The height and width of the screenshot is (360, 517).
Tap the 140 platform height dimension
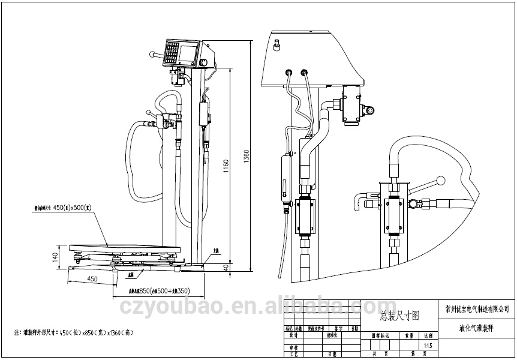pos(55,256)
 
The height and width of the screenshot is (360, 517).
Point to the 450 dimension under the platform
pos(93,278)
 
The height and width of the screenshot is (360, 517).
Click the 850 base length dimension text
pos(160,290)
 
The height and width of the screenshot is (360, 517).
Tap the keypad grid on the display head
pos(173,53)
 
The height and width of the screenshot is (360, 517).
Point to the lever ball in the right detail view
pos(442,180)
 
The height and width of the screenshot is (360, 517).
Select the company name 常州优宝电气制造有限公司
pos(474,310)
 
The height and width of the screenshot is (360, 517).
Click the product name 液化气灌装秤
pos(474,328)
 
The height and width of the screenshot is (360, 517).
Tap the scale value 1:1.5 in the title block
pos(427,346)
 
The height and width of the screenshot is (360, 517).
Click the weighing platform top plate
pos(125,246)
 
